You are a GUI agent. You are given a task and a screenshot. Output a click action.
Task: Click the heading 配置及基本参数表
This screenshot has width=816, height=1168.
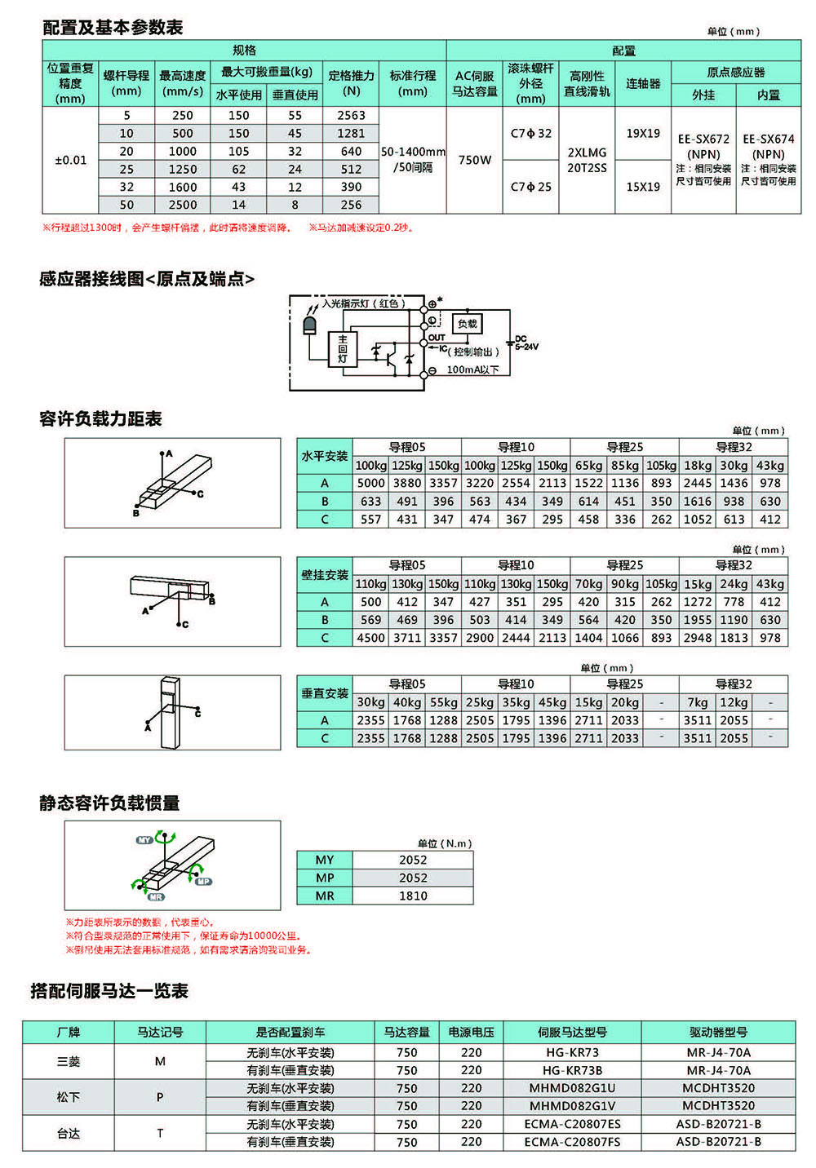click(x=113, y=28)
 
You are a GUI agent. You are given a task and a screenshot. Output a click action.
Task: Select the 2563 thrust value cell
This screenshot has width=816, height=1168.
click(x=351, y=116)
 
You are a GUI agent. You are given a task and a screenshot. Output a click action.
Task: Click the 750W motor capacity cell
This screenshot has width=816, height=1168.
click(x=475, y=160)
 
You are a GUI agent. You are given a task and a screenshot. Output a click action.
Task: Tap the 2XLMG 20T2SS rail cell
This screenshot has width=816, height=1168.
click(x=587, y=160)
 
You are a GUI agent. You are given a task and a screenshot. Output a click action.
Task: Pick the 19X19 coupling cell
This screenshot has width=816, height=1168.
click(x=643, y=134)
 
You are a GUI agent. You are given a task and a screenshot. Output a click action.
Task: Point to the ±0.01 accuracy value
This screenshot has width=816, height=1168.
click(x=70, y=160)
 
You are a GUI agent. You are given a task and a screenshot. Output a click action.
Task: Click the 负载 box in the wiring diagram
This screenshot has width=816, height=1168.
click(x=468, y=324)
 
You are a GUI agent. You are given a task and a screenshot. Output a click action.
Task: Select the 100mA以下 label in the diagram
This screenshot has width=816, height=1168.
click(x=472, y=369)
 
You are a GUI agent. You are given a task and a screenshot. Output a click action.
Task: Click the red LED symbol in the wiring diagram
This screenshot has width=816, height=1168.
click(x=310, y=325)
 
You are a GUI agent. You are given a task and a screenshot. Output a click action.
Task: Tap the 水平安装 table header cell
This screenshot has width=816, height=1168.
click(x=325, y=456)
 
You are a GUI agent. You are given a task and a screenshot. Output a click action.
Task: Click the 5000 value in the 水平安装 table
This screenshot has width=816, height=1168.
click(x=370, y=483)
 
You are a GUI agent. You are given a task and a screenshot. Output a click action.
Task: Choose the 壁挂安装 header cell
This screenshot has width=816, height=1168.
click(x=325, y=575)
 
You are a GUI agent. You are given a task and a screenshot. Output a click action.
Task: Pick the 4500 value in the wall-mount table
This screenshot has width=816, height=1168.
click(x=370, y=638)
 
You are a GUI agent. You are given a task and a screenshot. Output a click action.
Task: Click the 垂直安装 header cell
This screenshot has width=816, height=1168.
click(x=325, y=693)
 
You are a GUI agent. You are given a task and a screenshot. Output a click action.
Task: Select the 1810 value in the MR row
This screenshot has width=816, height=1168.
click(x=413, y=896)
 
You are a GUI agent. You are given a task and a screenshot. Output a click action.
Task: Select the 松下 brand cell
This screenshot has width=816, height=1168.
click(x=69, y=1097)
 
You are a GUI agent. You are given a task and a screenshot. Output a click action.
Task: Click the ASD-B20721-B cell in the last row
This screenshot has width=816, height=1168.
click(x=718, y=1142)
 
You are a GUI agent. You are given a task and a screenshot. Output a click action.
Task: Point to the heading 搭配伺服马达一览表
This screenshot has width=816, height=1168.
click(x=109, y=991)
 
